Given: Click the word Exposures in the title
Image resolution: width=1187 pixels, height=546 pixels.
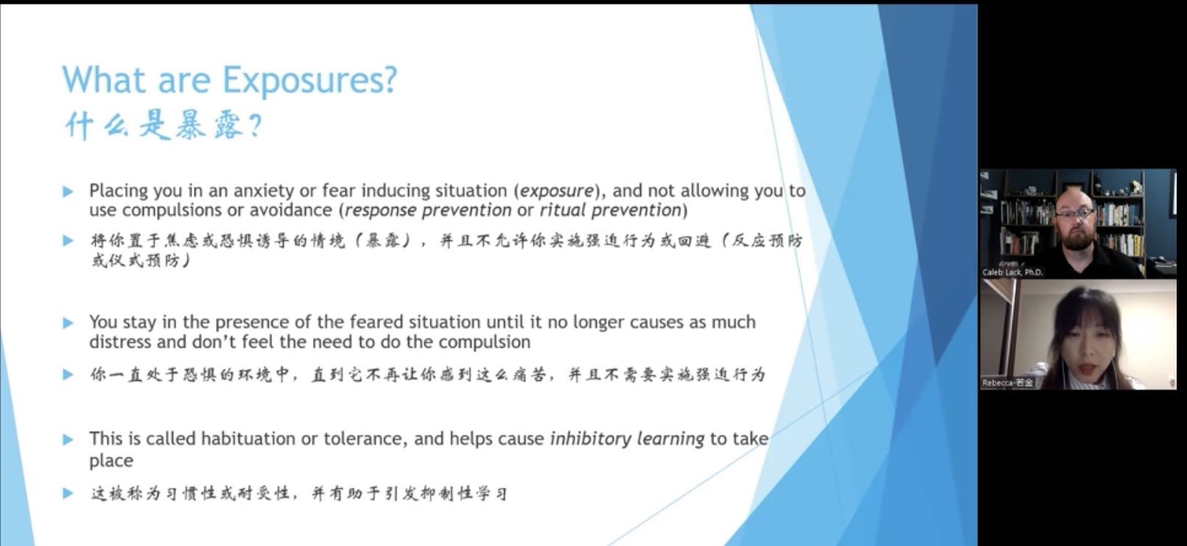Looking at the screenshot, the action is [302, 81].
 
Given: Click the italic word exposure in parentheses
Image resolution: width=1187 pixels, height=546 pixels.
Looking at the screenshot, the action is [556, 191].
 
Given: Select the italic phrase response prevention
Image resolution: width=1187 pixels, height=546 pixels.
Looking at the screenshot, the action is [428, 211].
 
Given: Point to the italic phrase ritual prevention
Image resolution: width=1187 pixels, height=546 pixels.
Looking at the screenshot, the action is [610, 211].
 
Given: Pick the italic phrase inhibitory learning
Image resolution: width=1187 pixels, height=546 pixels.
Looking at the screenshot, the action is [628, 439].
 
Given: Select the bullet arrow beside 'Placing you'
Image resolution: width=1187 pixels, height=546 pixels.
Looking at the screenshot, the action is [68, 192].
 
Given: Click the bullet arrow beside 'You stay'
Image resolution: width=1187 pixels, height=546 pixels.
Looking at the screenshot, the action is [68, 323].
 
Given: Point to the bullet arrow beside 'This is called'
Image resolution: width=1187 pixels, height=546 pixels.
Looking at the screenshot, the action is [68, 439].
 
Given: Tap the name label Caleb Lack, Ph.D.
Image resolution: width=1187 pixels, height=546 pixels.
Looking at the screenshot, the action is [1012, 272].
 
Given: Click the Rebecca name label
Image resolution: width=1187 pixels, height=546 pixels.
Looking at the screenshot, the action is [1006, 382].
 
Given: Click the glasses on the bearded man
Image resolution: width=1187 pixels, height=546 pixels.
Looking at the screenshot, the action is [1074, 214].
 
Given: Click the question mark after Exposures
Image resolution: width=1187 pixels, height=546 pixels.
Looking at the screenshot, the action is [390, 80].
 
